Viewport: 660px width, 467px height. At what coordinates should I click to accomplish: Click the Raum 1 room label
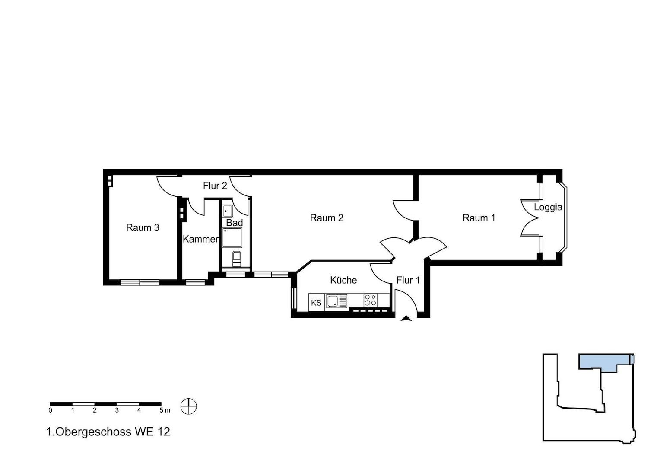[x=479, y=218]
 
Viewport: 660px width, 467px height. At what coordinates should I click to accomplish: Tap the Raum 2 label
[x=327, y=218]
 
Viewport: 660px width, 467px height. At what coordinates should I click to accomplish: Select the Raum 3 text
[x=143, y=228]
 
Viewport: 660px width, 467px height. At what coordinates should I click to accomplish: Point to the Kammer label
[x=201, y=239]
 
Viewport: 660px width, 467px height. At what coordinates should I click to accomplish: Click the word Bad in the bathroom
[x=235, y=223]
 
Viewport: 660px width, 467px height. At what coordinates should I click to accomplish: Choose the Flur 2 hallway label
[x=215, y=186]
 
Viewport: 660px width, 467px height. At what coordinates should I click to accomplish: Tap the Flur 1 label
[x=408, y=280]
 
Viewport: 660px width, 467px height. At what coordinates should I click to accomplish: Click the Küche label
[x=343, y=280]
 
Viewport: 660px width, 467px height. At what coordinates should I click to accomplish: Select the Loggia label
[x=548, y=208]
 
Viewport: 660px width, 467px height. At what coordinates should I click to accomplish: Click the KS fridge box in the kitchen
[x=317, y=302]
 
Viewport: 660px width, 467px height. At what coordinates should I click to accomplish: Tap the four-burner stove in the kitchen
[x=370, y=300]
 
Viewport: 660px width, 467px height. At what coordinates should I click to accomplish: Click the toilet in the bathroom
[x=236, y=259]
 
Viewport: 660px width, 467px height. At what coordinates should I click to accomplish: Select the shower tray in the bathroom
[x=232, y=237]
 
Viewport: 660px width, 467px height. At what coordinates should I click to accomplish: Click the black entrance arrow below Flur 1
[x=406, y=318]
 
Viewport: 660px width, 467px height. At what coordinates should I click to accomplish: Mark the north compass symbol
[x=188, y=406]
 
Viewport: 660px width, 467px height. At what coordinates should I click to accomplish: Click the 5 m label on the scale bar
[x=165, y=410]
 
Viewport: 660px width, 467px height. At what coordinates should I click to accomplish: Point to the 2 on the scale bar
[x=95, y=410]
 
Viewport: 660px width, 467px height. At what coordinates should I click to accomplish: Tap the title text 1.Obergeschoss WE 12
[x=108, y=432]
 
